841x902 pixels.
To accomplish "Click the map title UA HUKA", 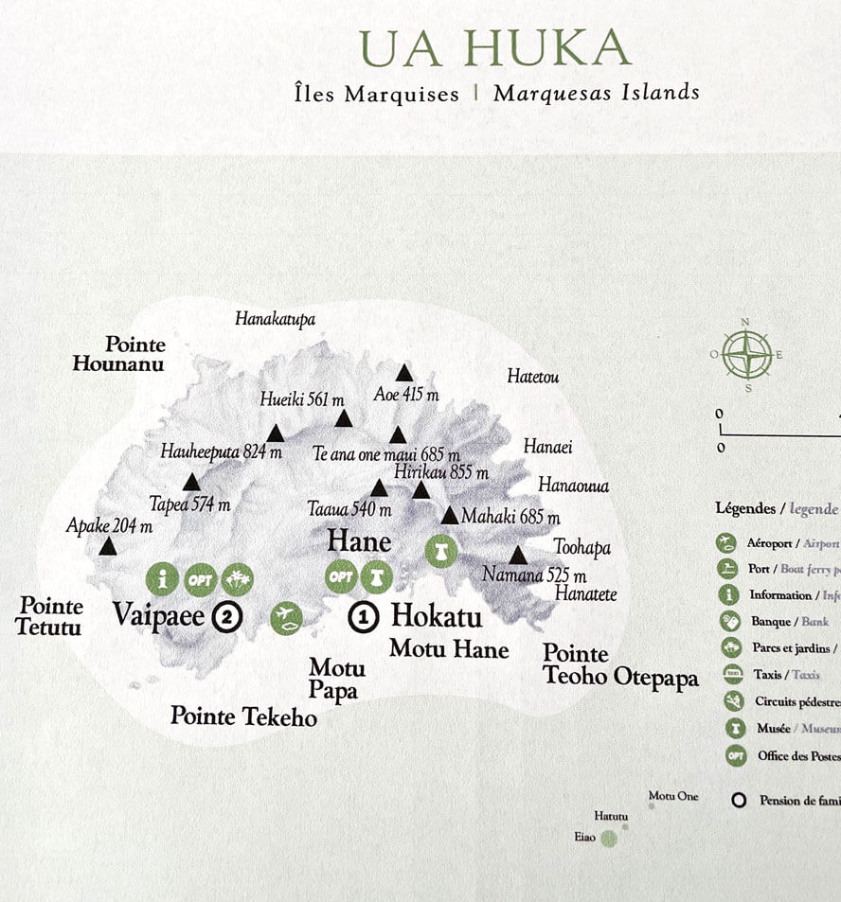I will tap(494, 48).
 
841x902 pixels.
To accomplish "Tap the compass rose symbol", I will tap(746, 354).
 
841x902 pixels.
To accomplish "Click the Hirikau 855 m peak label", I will tap(441, 472).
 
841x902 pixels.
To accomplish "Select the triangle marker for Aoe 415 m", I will tap(404, 373).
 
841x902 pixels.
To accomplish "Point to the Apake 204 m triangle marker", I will tap(108, 546).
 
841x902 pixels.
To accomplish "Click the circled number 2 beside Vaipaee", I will tap(227, 617).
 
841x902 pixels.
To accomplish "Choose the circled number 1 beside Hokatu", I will tap(364, 617).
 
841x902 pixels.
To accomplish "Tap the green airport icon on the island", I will tap(286, 618).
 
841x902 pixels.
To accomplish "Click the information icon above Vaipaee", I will tap(162, 577).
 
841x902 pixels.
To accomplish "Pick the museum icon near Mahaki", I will tap(440, 551).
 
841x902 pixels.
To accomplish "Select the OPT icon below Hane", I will tap(341, 576).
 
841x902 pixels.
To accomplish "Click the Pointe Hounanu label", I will tap(119, 354).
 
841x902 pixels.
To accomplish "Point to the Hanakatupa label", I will tap(275, 319).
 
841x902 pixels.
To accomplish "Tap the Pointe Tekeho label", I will tap(243, 716).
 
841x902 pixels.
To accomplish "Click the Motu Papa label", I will tap(336, 679).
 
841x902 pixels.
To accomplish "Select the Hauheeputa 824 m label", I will tap(222, 451).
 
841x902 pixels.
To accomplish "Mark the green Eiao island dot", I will tap(609, 839).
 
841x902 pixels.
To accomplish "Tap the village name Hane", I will tap(359, 541).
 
